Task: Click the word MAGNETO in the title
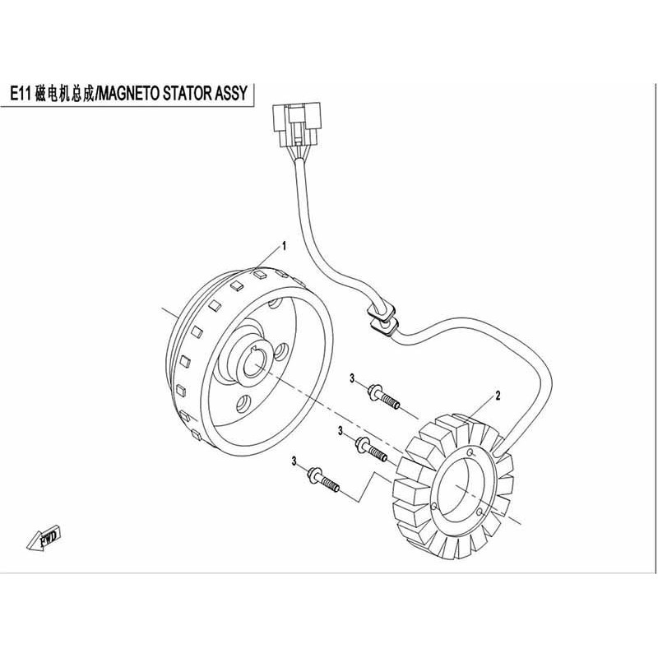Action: (132, 95)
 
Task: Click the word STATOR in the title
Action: (188, 95)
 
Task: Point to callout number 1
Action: (284, 245)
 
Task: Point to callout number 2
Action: (498, 396)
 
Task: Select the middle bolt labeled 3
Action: (371, 448)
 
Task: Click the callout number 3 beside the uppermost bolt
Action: (351, 378)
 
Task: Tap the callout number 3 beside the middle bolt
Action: (339, 430)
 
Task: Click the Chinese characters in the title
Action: (63, 95)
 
